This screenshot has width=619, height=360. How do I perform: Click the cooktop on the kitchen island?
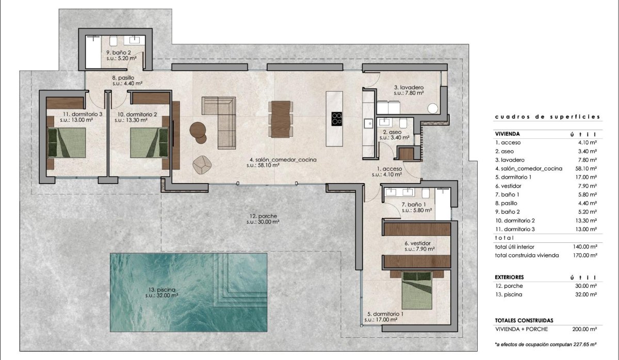336,119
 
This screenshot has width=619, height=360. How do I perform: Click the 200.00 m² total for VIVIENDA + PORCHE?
585,328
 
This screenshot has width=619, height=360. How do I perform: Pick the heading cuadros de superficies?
546,117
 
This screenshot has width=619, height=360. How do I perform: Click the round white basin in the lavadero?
433,108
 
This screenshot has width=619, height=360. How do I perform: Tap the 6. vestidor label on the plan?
417,243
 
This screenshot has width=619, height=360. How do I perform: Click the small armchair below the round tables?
202,164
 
